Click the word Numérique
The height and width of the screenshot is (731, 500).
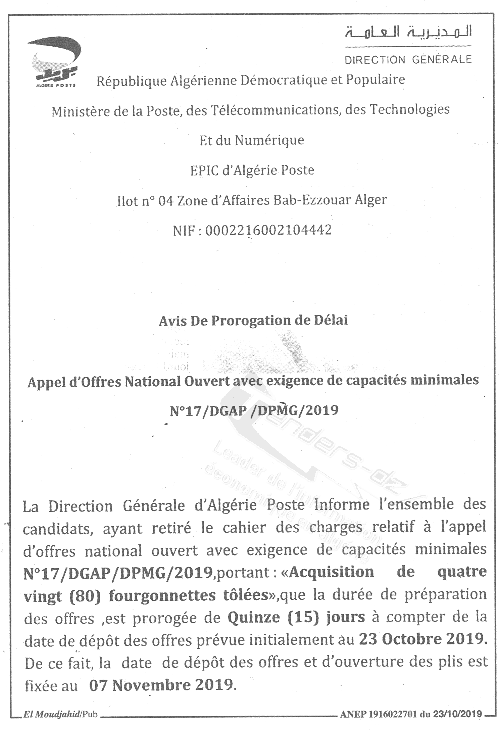click(269, 140)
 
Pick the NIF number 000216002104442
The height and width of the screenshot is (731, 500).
click(268, 230)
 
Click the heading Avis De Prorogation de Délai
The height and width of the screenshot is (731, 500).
click(253, 321)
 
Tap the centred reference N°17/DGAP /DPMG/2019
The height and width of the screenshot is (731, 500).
click(254, 410)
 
